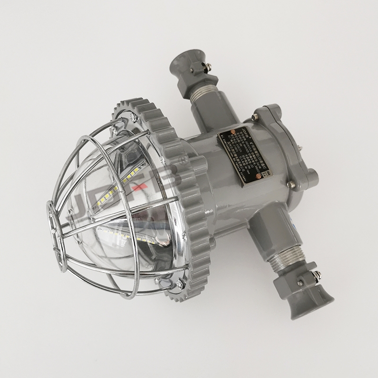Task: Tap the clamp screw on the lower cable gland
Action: coord(301,282)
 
